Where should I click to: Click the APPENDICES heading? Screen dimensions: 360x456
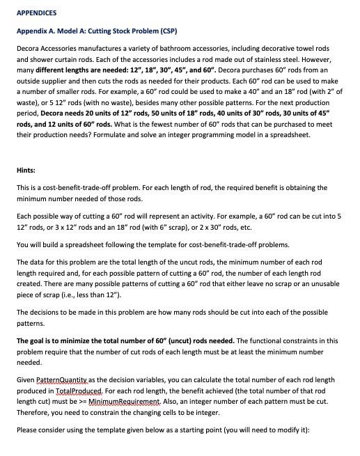36,13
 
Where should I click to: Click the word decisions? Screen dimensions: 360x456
45,311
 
